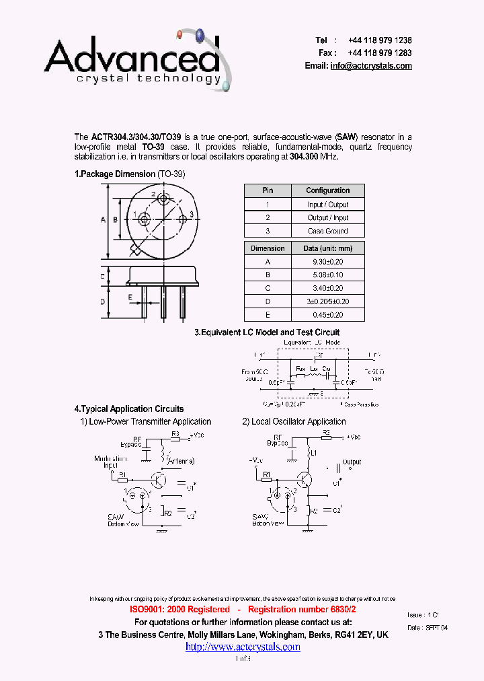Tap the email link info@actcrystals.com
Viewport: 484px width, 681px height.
point(370,66)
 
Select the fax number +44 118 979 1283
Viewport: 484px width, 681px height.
point(380,52)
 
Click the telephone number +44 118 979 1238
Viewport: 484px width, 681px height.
point(380,40)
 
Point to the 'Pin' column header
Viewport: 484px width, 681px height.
point(268,190)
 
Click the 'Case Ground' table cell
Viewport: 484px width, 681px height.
point(327,231)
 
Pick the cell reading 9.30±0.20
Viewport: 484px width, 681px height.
point(327,261)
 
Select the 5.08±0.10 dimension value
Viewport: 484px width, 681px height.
point(327,275)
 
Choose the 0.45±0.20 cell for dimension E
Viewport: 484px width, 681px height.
point(327,314)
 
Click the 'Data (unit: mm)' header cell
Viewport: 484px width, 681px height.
point(327,248)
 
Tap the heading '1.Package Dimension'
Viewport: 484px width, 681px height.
point(114,174)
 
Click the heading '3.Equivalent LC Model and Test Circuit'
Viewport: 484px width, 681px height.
point(267,332)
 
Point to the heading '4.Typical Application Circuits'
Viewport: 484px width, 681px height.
point(128,408)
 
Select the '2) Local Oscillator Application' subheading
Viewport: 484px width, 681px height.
point(294,422)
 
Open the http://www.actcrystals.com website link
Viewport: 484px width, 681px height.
point(243,647)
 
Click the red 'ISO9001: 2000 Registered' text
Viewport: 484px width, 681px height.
point(180,609)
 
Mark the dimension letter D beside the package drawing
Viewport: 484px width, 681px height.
point(103,301)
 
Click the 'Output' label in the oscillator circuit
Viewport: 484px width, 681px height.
point(352,462)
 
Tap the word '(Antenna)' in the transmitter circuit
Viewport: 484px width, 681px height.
point(180,461)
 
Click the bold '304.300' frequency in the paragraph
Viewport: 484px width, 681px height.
point(307,156)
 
